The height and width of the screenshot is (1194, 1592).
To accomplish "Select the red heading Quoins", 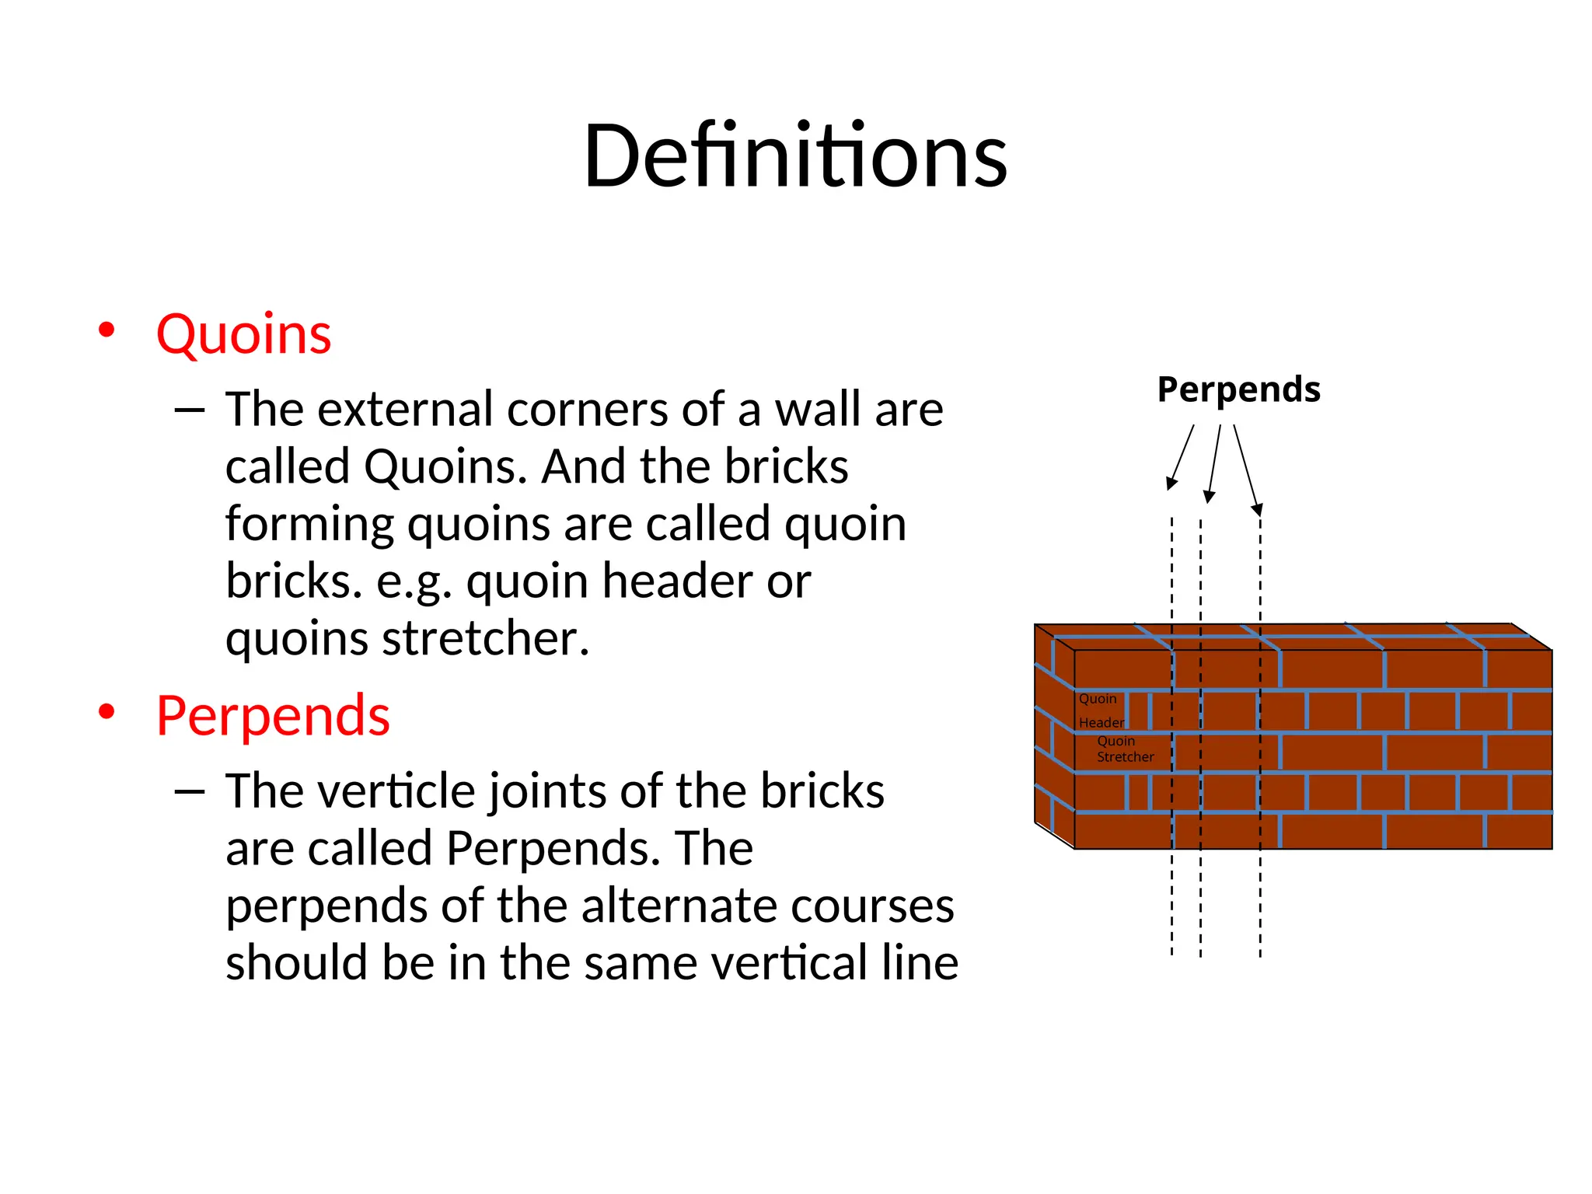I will tap(243, 334).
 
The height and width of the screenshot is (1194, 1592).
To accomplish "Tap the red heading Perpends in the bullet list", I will tap(273, 715).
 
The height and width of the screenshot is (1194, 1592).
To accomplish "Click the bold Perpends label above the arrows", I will tap(1238, 389).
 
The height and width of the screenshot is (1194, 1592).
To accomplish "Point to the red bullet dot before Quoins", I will tap(106, 330).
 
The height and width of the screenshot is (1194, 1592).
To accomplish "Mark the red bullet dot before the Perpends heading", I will tap(106, 710).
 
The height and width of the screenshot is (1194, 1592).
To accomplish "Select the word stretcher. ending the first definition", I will tap(485, 639).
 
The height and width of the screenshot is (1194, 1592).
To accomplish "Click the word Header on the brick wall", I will tap(1101, 723).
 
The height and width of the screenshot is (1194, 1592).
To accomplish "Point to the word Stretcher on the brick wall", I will tap(1125, 757).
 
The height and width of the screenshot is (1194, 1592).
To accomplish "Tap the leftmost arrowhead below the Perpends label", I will tap(1171, 484).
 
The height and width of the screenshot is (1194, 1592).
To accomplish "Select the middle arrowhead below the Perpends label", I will tap(1208, 497).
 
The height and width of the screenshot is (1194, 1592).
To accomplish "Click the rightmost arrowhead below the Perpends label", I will tap(1257, 510).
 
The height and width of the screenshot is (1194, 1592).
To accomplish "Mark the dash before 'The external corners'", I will tap(190, 410).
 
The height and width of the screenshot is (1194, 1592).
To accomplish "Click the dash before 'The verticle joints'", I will tap(190, 791).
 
